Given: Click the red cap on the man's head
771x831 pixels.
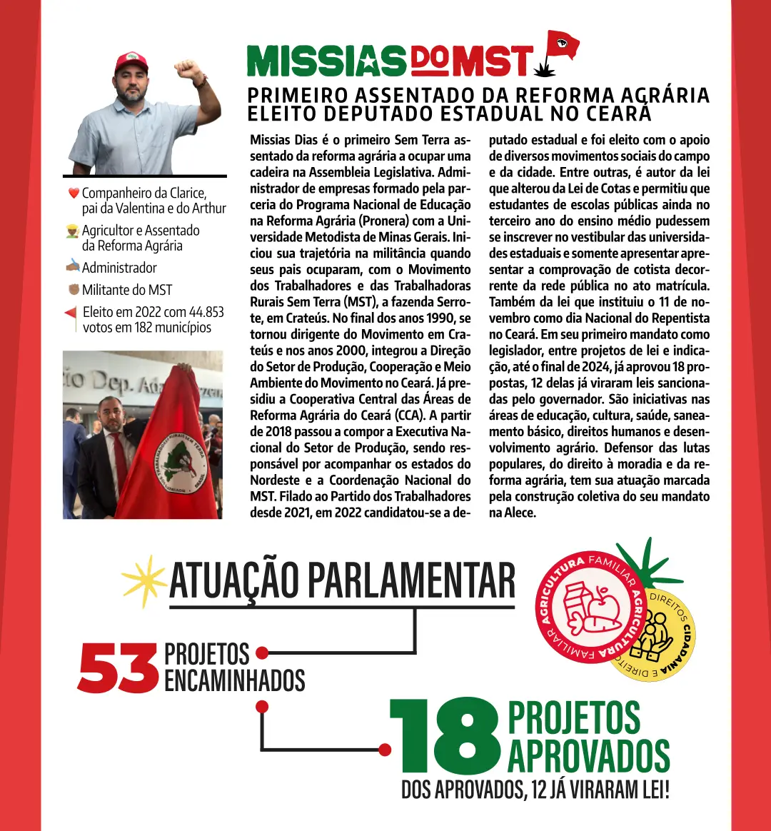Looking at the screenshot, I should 131,62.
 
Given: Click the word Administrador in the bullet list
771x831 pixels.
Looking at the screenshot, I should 119,268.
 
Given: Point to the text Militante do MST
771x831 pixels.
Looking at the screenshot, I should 127,290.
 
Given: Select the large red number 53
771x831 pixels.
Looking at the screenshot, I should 117,668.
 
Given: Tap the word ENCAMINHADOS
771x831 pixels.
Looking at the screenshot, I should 234,680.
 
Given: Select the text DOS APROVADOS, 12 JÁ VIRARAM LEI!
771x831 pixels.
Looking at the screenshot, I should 535,790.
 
